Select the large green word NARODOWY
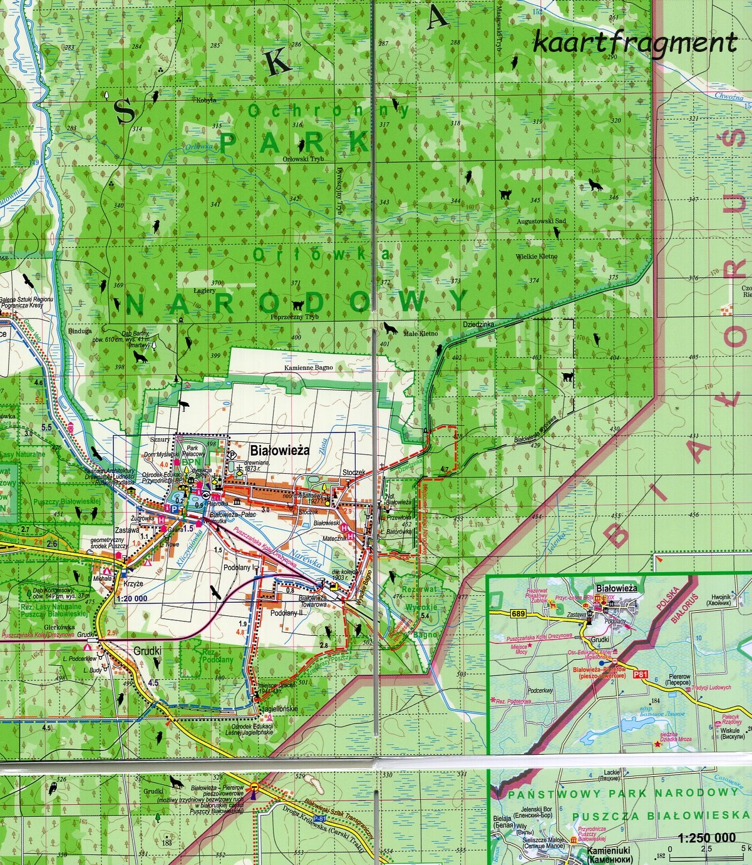(297, 303)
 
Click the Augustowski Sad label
(541, 221)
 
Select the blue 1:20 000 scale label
(131, 598)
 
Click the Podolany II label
(291, 614)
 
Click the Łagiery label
(204, 290)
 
